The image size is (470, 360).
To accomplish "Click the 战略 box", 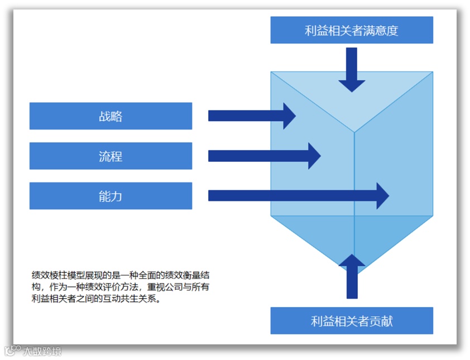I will [111, 116].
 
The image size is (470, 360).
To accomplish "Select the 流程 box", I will [111, 156].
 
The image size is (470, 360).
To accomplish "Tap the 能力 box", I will [111, 196].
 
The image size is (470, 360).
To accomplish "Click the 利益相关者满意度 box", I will [352, 30].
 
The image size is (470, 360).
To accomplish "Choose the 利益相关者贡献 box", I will [352, 321].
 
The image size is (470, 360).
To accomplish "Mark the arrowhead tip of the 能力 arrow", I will [388, 196].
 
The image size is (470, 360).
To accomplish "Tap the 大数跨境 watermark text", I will [42, 351].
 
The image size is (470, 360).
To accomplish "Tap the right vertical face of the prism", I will [394, 167].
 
